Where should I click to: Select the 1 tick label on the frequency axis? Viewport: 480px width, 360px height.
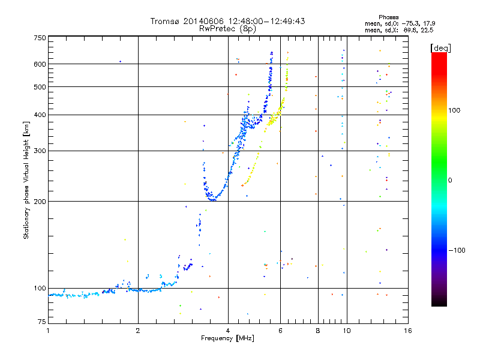tap(48, 331)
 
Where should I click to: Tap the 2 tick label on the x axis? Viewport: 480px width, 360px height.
tap(138, 331)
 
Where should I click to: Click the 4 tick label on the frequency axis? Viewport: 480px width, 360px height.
tap(228, 331)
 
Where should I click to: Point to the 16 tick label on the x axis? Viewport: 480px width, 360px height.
tap(407, 331)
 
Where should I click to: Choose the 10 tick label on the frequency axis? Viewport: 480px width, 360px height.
tap(346, 331)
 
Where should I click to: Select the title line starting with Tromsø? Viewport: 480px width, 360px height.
tap(227, 21)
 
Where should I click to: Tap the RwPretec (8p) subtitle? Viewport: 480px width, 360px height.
tap(227, 28)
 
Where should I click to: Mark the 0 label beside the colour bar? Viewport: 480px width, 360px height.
tap(451, 180)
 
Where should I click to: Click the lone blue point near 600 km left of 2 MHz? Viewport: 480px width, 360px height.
tap(120, 61)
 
